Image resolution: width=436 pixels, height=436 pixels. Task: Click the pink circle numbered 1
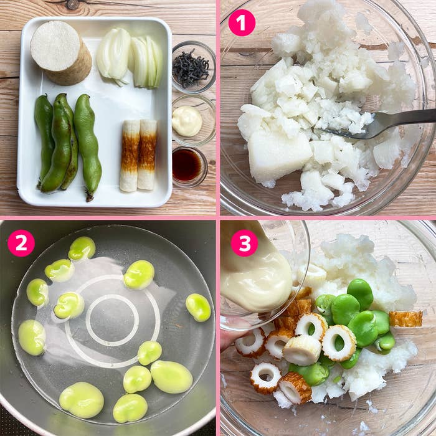click(x=242, y=23)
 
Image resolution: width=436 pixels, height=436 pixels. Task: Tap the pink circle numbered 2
click(x=21, y=243)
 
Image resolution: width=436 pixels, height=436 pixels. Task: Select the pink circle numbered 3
click(x=244, y=243)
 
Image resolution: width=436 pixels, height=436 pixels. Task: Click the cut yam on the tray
click(x=60, y=52)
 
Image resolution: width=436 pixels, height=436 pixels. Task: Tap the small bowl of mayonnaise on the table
click(x=187, y=121)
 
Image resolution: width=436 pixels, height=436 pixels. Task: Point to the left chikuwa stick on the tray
click(x=130, y=155)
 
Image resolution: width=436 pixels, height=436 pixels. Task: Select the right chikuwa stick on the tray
click(x=147, y=154)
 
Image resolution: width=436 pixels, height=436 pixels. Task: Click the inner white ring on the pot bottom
click(x=111, y=321)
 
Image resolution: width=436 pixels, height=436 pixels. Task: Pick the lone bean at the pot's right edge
click(x=198, y=306)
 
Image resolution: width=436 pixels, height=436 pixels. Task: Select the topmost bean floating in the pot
click(x=82, y=248)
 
